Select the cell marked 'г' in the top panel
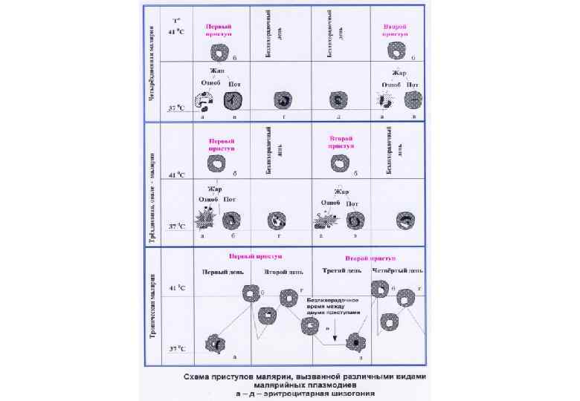(283, 100)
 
